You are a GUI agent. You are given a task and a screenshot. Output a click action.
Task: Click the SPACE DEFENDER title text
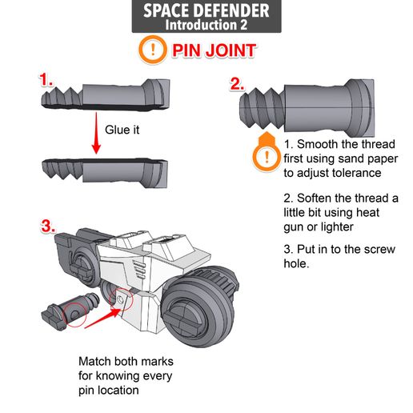tap(206, 11)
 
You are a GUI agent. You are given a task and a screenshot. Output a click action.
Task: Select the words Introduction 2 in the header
tap(206, 25)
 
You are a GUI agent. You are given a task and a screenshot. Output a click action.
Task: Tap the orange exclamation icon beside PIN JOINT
tap(152, 50)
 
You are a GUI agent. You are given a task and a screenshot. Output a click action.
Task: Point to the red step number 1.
tap(46, 81)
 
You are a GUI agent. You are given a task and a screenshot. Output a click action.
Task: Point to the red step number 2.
tap(236, 84)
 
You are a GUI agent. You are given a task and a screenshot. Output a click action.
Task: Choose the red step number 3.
tap(47, 226)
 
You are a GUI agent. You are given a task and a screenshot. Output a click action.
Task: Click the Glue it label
tap(122, 129)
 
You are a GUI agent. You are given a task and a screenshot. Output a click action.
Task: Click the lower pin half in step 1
tap(108, 169)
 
